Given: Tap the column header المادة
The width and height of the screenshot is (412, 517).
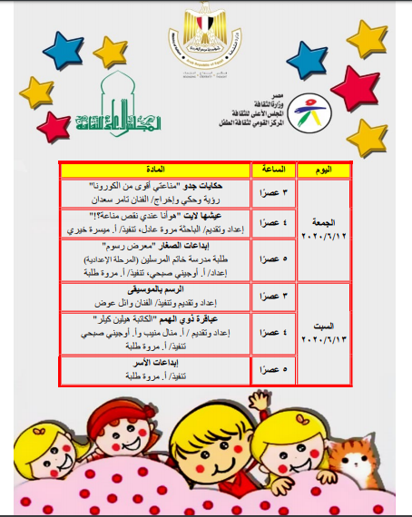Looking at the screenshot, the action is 154,170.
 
